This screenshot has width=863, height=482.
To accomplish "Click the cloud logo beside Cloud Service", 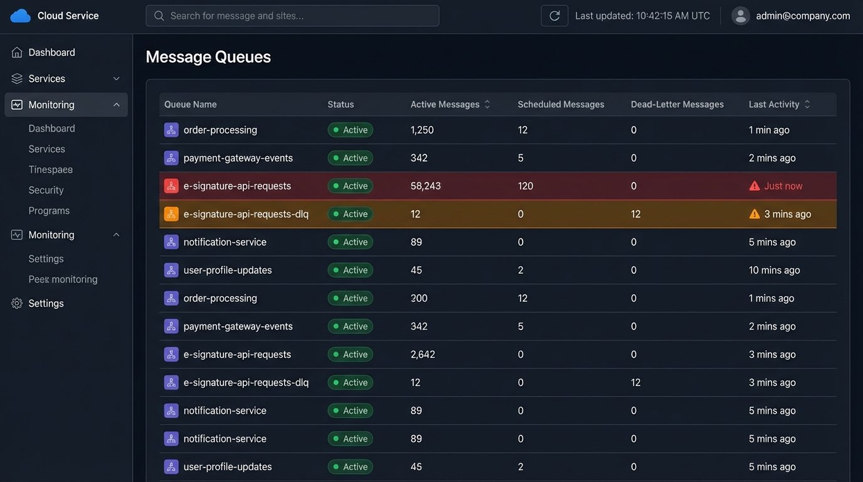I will [20, 16].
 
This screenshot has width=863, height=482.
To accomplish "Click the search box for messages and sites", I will [292, 16].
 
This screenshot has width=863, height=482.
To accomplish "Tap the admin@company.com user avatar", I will [741, 16].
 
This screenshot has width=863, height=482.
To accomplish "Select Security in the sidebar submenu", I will [46, 190].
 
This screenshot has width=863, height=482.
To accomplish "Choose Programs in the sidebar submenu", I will [49, 211].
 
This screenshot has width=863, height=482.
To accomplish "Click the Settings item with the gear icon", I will [46, 303].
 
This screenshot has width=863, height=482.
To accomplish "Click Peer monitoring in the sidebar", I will [63, 279].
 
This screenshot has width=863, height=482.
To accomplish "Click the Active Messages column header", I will [445, 104].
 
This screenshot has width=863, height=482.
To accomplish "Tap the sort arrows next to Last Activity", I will [807, 104].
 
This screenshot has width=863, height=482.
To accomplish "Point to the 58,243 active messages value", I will [425, 186].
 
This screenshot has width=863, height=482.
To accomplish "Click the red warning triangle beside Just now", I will [754, 186].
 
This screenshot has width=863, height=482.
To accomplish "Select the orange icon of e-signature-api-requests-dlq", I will [171, 214].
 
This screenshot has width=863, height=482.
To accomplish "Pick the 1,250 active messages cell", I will [421, 130].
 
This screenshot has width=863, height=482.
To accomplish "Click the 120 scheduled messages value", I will [525, 186].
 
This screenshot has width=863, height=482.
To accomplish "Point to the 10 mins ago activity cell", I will [774, 270].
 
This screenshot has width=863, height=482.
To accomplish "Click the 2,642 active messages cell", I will [422, 354].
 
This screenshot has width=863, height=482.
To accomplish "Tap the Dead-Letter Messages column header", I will [677, 104].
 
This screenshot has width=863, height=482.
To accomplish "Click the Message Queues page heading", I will [208, 57].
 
